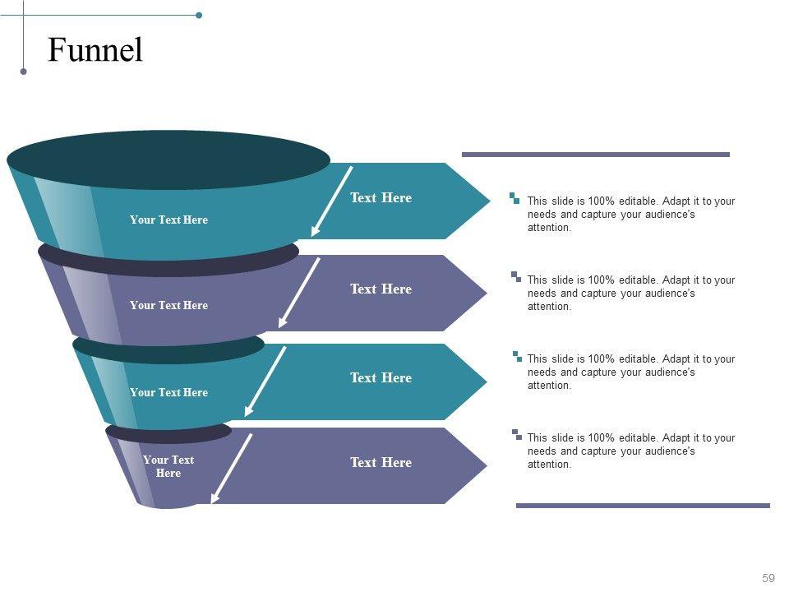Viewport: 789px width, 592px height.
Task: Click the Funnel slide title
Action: click(95, 51)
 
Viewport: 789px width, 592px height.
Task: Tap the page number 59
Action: click(768, 578)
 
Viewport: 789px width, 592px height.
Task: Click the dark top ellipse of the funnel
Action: click(168, 160)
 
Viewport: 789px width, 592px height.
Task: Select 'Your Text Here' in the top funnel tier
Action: click(168, 220)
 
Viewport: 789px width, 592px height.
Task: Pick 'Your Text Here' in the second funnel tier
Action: click(168, 305)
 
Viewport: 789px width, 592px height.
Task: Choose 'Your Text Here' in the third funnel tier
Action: click(168, 392)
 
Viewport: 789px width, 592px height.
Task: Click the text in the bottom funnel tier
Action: click(168, 466)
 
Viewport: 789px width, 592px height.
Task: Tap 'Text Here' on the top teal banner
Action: click(381, 197)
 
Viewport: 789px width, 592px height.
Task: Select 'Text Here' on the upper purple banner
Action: click(381, 289)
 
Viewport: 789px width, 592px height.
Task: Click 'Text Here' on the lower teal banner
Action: click(381, 377)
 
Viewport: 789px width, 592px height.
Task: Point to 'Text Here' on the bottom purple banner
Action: click(381, 462)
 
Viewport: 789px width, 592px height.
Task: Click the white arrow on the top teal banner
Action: click(331, 201)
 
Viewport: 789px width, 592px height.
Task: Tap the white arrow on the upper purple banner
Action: click(299, 293)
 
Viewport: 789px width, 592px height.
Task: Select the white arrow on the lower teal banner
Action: click(265, 381)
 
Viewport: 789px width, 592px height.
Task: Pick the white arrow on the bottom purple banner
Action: click(232, 468)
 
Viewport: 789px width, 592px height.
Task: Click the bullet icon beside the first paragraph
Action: click(514, 197)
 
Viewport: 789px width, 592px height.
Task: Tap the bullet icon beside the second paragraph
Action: click(515, 276)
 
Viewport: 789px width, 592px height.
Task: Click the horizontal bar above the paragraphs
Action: click(595, 154)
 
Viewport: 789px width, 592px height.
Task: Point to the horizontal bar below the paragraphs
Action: click(643, 506)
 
